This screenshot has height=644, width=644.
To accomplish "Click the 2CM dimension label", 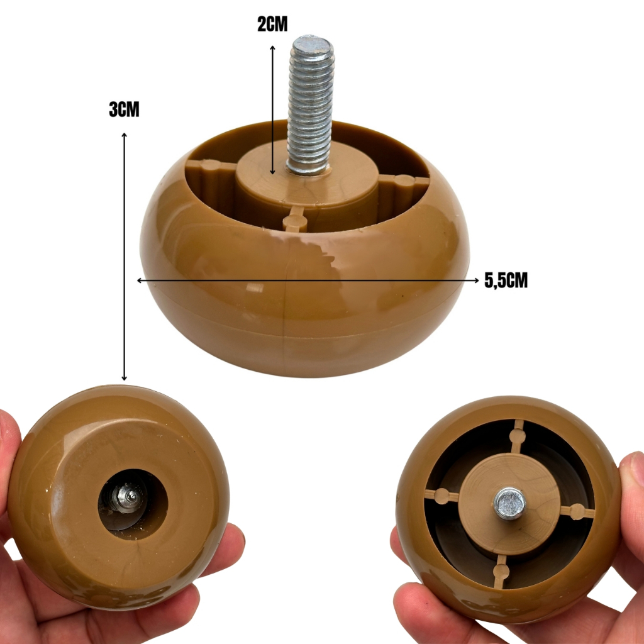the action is (x=272, y=25).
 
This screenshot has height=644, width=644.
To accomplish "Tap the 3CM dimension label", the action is (x=124, y=109).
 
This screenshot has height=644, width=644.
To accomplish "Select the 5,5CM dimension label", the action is (x=506, y=280).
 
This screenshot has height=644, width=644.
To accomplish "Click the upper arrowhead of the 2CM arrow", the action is (x=272, y=48).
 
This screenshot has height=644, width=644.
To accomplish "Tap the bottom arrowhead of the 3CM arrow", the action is (x=124, y=377).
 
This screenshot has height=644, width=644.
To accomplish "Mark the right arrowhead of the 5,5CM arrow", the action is (x=476, y=280).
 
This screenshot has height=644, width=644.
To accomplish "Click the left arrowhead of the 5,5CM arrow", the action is (x=140, y=280).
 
